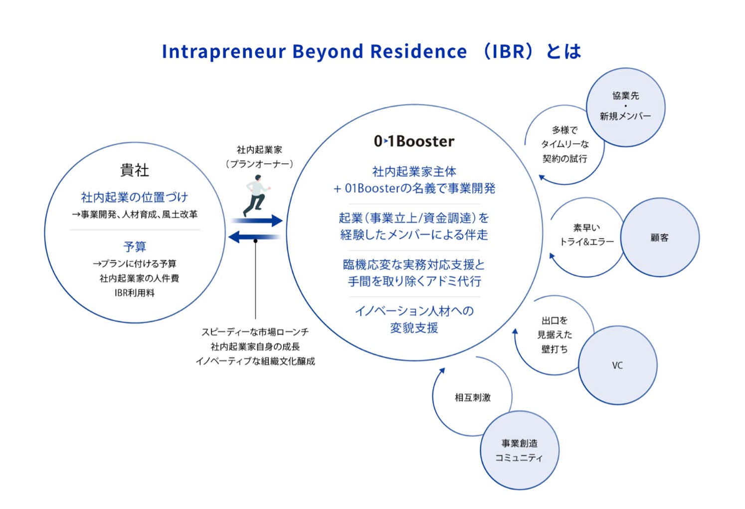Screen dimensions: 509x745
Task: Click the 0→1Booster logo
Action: point(414,141)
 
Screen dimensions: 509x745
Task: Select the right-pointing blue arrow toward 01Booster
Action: point(257,221)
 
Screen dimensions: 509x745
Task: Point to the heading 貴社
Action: point(135,170)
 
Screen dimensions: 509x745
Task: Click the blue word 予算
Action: point(135,247)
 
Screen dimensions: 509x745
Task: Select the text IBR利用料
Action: point(135,293)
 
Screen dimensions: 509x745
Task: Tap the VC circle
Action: point(617,365)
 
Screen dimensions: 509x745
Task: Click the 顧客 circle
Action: point(659,238)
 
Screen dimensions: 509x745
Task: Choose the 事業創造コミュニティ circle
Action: point(519,450)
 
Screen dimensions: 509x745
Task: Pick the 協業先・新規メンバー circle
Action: point(625,107)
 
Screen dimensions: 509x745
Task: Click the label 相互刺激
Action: point(473,398)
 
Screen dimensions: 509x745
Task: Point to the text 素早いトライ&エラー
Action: point(586,235)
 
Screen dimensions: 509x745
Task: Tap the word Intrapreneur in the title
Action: point(223,51)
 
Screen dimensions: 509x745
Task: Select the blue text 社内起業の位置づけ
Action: point(135,197)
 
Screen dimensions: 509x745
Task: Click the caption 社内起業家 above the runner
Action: point(259,150)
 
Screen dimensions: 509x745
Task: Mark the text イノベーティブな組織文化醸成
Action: point(255,361)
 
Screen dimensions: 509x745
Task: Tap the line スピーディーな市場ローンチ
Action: point(255,332)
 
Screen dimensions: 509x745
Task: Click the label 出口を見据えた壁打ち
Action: point(555,335)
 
